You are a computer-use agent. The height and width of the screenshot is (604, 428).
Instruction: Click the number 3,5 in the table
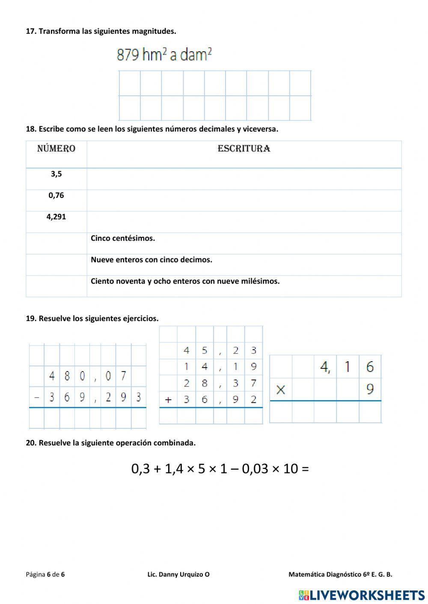click(56, 174)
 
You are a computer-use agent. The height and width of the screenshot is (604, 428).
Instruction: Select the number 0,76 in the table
click(56, 195)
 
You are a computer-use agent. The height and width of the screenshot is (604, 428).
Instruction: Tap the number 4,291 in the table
click(56, 217)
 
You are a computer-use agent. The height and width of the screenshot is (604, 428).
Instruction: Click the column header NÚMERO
click(56, 149)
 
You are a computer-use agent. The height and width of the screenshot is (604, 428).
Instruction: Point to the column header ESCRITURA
click(244, 149)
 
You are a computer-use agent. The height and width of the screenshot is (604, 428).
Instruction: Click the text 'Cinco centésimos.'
click(123, 239)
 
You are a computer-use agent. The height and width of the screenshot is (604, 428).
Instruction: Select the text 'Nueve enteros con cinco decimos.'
click(152, 260)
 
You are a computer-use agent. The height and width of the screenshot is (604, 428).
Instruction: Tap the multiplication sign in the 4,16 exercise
click(281, 389)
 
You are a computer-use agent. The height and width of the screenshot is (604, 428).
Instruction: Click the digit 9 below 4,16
click(370, 389)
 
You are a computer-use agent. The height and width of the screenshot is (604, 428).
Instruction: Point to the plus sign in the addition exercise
click(168, 400)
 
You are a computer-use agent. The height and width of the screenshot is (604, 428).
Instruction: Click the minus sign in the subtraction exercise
click(36, 398)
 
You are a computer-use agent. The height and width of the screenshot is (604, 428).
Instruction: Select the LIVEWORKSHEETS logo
click(362, 595)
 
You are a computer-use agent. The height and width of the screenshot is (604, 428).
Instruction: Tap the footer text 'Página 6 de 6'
click(45, 575)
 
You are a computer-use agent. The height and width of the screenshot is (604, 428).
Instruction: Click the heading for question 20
click(110, 443)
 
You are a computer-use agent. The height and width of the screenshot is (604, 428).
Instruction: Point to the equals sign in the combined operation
click(305, 469)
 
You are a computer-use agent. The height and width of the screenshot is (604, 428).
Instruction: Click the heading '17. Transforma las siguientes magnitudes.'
click(101, 31)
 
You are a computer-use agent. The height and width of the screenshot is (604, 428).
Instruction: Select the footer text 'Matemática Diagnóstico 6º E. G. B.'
click(340, 575)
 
